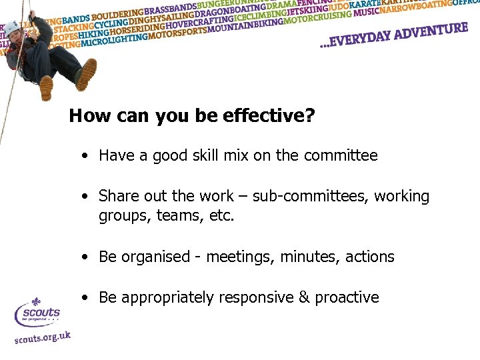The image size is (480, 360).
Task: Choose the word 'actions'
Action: [370, 257]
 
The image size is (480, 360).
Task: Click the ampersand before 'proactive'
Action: [303, 297]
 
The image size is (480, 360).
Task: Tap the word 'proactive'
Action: [347, 298]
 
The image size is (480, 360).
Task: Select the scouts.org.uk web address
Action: [42, 338]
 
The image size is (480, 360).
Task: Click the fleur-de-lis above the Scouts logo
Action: [36, 302]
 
